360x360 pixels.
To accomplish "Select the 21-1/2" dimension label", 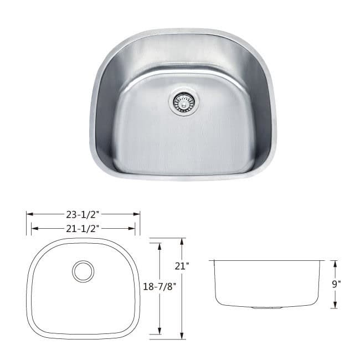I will coord(84,228).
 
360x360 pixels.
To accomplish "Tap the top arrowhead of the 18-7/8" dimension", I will coord(160,243).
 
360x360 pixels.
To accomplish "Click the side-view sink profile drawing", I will coord(268,282).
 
